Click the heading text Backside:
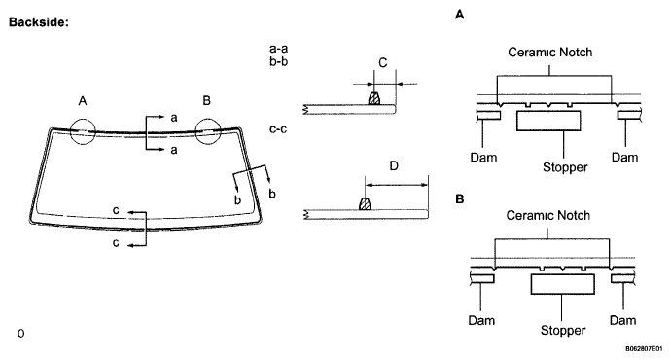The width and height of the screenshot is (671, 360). click(39, 22)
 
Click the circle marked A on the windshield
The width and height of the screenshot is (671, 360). click(70, 131)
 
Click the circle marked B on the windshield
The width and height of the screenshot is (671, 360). click(195, 131)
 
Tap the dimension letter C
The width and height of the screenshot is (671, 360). click(383, 63)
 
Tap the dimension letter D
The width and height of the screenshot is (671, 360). click(394, 165)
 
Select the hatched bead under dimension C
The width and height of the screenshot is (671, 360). click(374, 98)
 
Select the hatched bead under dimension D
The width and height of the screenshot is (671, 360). click(365, 203)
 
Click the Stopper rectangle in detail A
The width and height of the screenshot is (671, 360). click(548, 121)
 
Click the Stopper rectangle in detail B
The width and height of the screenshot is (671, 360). click(563, 284)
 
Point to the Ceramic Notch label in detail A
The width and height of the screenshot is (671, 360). click(549, 53)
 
